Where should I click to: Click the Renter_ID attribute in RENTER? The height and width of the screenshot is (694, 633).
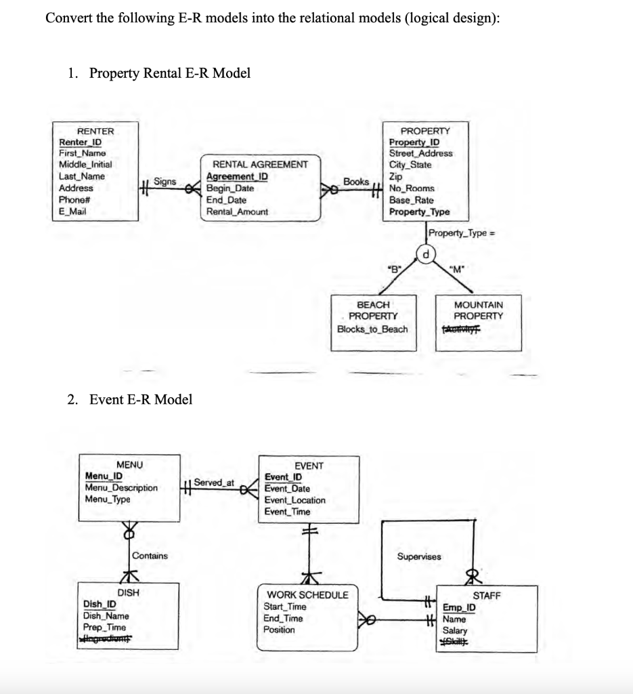76,142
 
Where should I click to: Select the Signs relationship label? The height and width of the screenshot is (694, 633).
165,182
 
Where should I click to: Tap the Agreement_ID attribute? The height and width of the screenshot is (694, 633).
237,176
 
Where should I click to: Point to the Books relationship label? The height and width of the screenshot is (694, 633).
356,182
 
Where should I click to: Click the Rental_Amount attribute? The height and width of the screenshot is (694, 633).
237,211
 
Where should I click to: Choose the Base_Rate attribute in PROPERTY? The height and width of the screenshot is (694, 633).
412,200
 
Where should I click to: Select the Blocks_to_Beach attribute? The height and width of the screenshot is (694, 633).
372,329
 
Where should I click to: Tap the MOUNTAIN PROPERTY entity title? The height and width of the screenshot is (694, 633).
478,311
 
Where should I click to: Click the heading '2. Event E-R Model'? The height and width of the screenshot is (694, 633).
130,400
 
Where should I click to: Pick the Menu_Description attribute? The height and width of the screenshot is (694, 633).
121,487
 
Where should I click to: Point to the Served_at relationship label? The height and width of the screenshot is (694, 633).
214,483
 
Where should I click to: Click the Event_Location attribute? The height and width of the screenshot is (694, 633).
294,500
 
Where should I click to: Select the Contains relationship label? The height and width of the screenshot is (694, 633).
150,556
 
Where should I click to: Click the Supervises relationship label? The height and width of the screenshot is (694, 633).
418,556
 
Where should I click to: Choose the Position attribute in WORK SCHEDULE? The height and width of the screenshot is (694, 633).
279,630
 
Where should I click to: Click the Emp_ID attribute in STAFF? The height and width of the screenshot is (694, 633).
459,608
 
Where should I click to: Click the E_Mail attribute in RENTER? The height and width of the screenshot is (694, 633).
73,211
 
